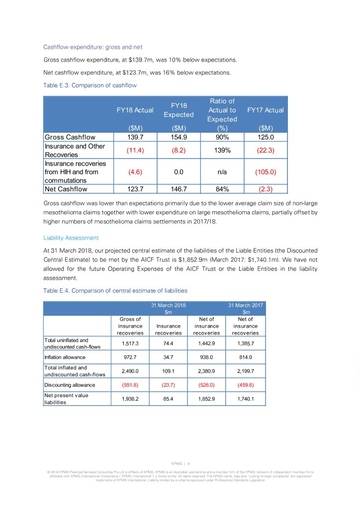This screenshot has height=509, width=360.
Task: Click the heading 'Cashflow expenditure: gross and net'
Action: pyautogui.click(x=93, y=47)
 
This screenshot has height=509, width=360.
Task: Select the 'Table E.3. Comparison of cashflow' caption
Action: pyautogui.click(x=90, y=85)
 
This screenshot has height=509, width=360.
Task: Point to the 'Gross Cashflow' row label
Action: pyautogui.click(x=70, y=137)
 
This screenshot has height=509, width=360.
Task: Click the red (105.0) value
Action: pyautogui.click(x=265, y=172)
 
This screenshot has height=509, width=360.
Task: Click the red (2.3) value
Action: pyautogui.click(x=265, y=189)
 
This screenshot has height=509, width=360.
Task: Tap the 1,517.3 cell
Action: pyautogui.click(x=130, y=343)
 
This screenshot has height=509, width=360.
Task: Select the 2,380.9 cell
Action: pyautogui.click(x=206, y=370)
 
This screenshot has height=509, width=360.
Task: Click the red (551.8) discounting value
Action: pyautogui.click(x=130, y=385)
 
